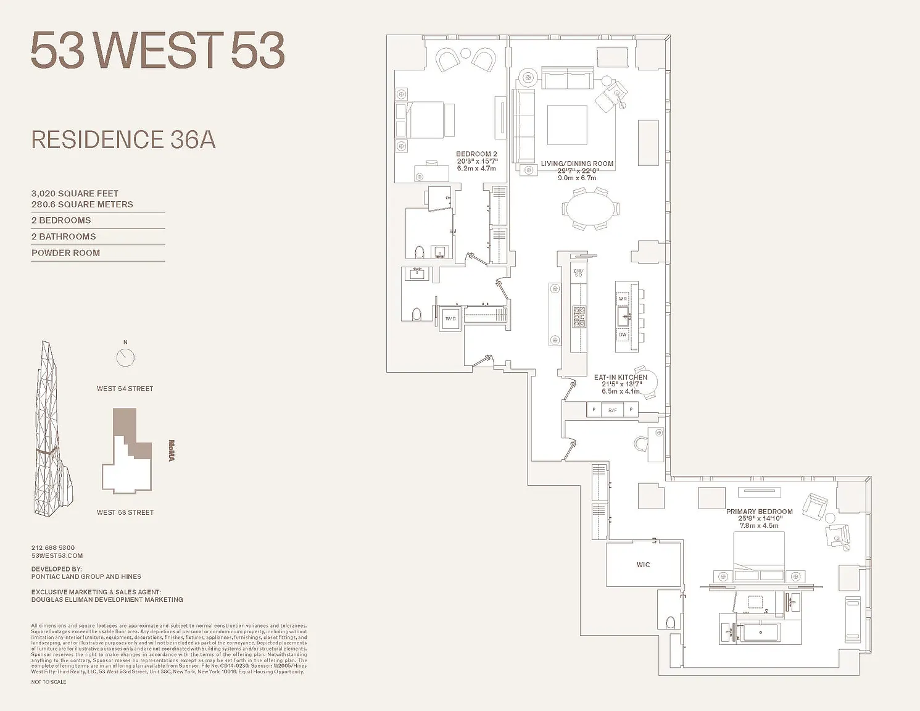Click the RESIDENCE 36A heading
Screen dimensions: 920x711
(x=123, y=140)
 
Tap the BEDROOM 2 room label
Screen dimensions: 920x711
(x=476, y=154)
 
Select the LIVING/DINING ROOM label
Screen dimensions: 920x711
(x=577, y=164)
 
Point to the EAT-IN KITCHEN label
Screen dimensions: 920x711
(x=620, y=377)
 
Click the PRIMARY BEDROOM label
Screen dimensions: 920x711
(x=759, y=512)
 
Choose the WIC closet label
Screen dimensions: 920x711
(x=643, y=565)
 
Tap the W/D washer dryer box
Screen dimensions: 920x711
(x=450, y=319)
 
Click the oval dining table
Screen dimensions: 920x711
(x=591, y=209)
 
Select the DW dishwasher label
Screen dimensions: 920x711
(x=623, y=335)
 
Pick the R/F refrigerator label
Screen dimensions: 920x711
(x=612, y=410)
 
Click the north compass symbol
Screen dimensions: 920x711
(x=125, y=357)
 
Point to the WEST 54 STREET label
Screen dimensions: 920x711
(x=125, y=389)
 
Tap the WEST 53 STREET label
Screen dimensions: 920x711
(x=125, y=512)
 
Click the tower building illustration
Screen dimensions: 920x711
(x=52, y=432)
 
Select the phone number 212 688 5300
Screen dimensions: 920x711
(x=53, y=547)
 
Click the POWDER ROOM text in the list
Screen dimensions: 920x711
(x=65, y=253)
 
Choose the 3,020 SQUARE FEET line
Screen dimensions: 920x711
(x=75, y=194)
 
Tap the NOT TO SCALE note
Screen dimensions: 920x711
(x=49, y=682)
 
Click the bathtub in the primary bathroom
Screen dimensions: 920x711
(x=760, y=633)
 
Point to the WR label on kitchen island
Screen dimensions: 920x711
(x=623, y=299)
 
